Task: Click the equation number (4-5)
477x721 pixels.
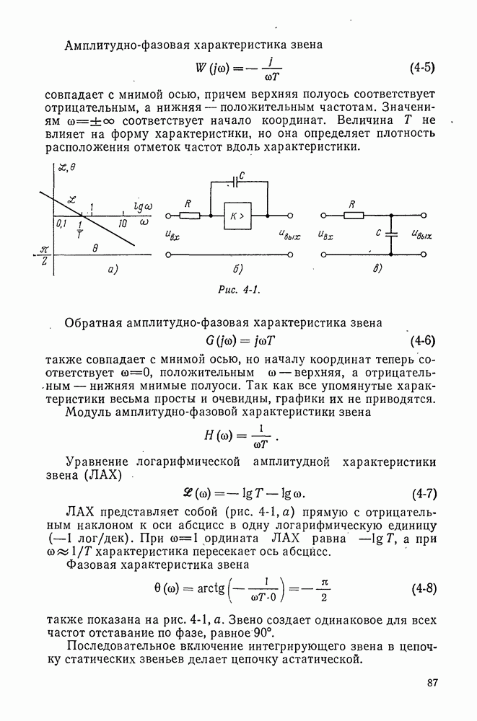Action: pyautogui.click(x=422, y=69)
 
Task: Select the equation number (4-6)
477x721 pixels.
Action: pyautogui.click(x=422, y=340)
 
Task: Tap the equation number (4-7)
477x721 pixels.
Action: pyautogui.click(x=424, y=495)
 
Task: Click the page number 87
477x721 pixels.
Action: pyautogui.click(x=433, y=684)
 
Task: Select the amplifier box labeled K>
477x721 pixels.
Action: pyautogui.click(x=237, y=216)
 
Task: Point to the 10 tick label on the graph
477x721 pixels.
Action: pyautogui.click(x=123, y=224)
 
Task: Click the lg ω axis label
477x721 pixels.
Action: pyautogui.click(x=143, y=207)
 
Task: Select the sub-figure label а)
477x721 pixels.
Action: pyautogui.click(x=112, y=270)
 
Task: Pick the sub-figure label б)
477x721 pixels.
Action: pyautogui.click(x=238, y=270)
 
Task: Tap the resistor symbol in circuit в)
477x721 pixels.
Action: pyautogui.click(x=351, y=215)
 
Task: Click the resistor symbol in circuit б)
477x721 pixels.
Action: pyautogui.click(x=190, y=215)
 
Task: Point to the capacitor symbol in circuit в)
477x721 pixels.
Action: pyautogui.click(x=390, y=234)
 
